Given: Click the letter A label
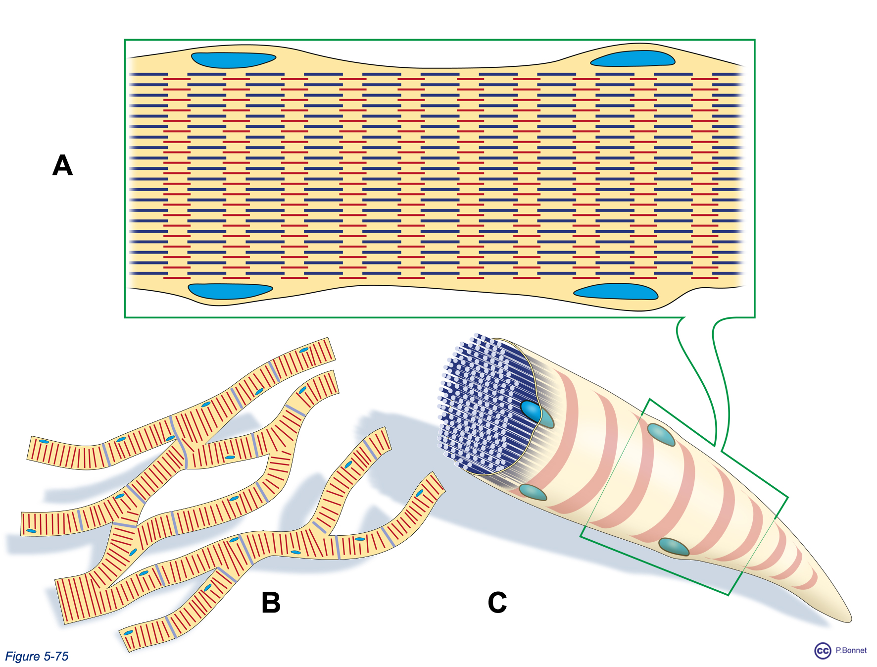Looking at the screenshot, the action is tap(62, 165).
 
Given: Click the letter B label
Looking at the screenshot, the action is tap(271, 603).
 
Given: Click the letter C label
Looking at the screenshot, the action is tap(497, 603).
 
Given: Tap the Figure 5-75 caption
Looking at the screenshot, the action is tap(37, 656).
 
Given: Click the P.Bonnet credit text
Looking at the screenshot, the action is tap(851, 650).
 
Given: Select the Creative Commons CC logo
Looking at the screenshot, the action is tap(823, 651).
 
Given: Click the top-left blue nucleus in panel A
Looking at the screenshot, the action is tap(233, 60).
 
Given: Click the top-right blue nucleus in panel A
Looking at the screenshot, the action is tap(633, 58).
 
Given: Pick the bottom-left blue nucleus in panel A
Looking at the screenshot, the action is tap(230, 291).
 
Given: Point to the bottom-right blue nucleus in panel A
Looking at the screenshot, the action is tap(616, 292).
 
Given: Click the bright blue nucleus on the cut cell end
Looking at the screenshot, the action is tap(531, 411).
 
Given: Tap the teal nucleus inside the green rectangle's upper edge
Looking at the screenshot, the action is tap(661, 435).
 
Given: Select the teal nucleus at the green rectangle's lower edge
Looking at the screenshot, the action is tap(674, 547).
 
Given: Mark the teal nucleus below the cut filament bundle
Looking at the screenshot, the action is tap(533, 493).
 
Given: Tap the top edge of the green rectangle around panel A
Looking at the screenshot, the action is tap(439, 40).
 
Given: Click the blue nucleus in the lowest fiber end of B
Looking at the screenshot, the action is tap(128, 633).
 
